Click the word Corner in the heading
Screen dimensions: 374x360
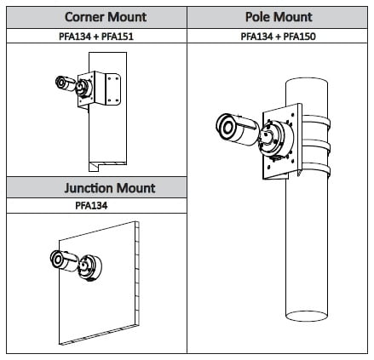click(84, 17)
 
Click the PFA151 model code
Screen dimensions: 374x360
click(118, 37)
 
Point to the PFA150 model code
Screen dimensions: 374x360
click(299, 37)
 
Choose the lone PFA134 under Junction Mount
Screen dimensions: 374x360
click(91, 205)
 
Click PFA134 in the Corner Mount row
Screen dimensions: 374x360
click(75, 37)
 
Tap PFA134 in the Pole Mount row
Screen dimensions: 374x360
click(256, 37)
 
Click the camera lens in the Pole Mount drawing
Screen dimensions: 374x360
click(227, 128)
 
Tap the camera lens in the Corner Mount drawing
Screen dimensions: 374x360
click(60, 83)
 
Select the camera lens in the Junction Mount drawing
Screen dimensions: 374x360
click(57, 259)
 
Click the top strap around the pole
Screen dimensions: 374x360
click(316, 121)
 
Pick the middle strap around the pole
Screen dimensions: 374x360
click(316, 145)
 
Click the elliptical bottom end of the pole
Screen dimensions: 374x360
click(307, 316)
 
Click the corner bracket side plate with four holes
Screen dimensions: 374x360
click(113, 89)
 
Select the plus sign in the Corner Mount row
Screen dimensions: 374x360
click(96, 37)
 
